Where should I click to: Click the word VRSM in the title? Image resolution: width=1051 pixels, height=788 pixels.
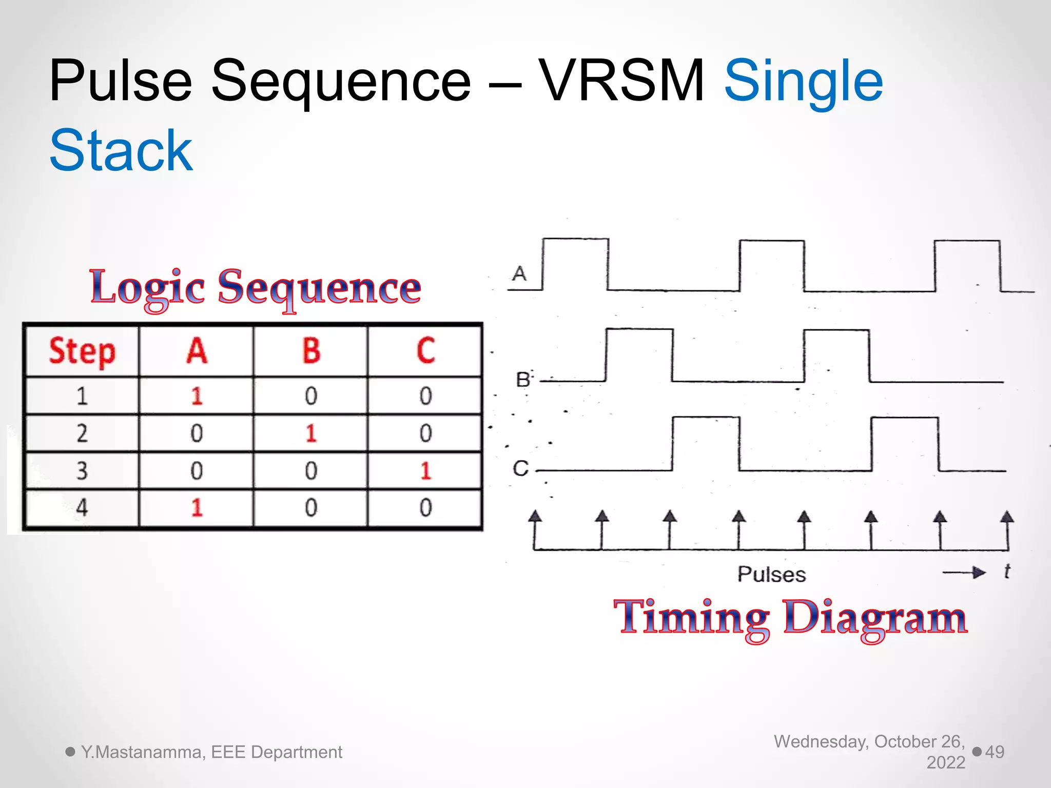coord(622,81)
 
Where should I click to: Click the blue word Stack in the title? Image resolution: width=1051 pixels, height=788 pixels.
coord(121,150)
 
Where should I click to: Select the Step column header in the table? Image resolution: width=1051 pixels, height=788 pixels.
coord(82,351)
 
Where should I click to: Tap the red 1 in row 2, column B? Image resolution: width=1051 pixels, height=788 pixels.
coord(311,434)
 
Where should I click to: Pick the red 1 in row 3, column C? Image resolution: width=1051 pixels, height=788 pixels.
coord(425,471)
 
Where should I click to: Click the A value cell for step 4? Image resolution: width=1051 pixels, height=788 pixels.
coord(197,508)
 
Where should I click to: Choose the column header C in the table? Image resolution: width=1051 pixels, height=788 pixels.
coord(425,351)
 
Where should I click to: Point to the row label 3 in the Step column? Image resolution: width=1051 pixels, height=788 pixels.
coord(82,471)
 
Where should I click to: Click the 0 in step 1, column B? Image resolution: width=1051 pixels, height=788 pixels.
coord(311,396)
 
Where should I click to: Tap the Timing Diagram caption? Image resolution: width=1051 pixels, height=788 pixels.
coord(790,618)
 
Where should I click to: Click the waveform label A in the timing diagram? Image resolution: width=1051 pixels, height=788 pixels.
coord(519,273)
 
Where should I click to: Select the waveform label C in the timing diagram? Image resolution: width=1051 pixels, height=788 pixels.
coord(520,468)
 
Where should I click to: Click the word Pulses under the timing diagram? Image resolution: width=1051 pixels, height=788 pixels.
coord(771,575)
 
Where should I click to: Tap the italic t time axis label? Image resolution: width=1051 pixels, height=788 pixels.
coord(1007,571)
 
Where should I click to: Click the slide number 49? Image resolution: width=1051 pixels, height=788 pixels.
coord(995,752)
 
